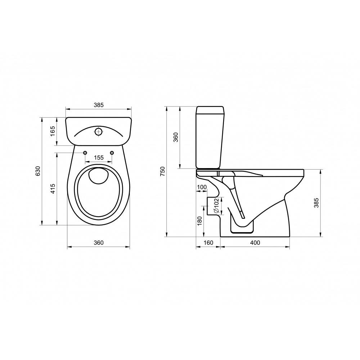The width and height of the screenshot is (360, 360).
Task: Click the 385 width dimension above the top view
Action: point(99,105)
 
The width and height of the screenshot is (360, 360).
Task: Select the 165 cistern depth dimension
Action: point(53,131)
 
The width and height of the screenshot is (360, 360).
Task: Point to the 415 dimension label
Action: point(53,189)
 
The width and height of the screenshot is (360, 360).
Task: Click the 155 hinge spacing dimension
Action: point(99,158)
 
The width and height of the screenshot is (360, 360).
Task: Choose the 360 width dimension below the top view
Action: point(99,243)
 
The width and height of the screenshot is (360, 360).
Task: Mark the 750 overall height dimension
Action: point(163,171)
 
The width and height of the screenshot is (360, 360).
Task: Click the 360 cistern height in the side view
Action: point(176,137)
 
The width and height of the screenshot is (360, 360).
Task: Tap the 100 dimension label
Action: point(202,187)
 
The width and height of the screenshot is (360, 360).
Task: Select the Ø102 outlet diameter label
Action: point(216,206)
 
